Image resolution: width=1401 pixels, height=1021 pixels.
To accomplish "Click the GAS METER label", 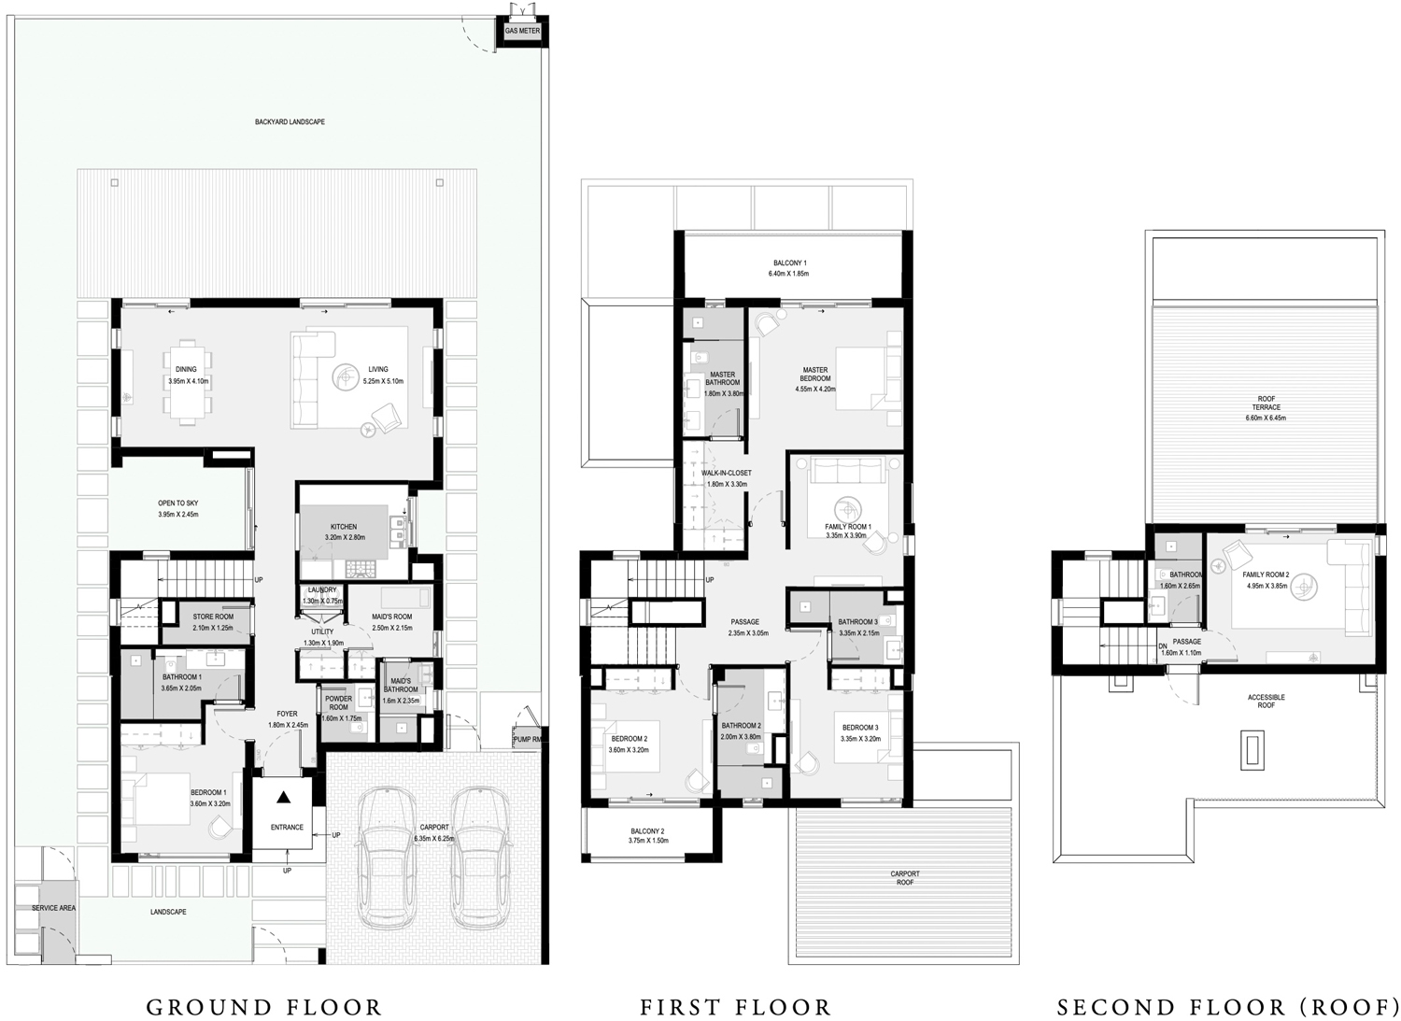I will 522,31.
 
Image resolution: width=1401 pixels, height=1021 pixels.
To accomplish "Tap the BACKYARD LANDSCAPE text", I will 290,122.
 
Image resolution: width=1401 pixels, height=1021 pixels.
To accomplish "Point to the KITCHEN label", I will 343,527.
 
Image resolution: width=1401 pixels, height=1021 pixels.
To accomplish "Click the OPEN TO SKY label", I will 177,503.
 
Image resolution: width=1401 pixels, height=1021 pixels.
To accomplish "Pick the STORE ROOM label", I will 213,617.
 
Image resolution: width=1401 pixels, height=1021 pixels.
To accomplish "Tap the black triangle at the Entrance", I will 283,797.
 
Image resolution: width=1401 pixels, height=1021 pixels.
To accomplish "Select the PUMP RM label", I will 528,740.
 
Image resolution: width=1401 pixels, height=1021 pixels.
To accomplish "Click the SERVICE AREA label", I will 53,908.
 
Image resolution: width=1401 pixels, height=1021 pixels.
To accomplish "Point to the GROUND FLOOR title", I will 264,1008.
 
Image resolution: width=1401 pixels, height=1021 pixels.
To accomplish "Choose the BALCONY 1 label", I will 789,262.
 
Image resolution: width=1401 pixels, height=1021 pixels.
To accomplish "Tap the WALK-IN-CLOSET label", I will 726,473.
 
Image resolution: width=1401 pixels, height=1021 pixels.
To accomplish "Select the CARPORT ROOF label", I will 904,878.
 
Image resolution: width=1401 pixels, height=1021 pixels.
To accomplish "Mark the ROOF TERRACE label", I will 1266,404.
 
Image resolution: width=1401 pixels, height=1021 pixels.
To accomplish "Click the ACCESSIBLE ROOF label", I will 1266,701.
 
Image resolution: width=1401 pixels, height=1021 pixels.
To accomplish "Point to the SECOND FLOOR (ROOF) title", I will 1227,1008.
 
